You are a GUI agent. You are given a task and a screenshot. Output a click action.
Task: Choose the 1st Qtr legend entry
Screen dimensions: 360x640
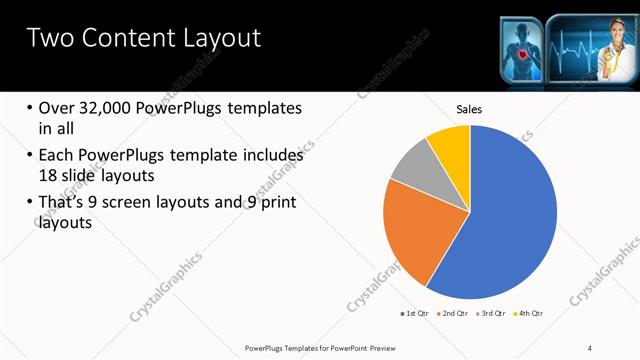tap(415, 314)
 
